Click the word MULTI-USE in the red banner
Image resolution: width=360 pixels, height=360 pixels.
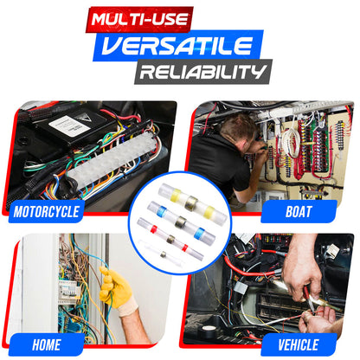139,19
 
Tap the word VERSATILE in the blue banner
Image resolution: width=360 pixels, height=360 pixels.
177,45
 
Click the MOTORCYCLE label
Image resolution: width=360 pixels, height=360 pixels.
47,212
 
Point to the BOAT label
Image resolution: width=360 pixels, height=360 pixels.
299,211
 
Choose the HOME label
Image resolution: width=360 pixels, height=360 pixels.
47,345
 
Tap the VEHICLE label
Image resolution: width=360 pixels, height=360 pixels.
299,345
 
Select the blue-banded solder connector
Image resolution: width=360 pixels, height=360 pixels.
181,222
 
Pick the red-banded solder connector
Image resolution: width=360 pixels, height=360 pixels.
170,239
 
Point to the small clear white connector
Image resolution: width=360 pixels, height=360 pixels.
164,254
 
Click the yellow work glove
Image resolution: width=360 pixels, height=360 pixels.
115,286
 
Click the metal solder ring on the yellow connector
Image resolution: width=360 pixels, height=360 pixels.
191,202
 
